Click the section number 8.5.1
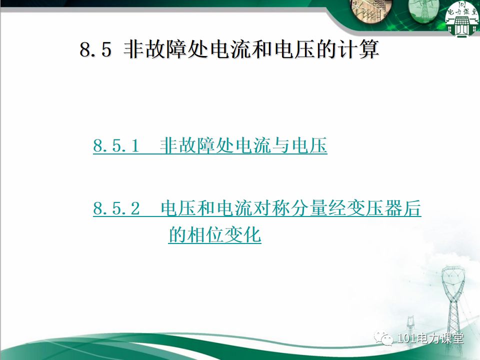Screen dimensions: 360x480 pos(115,146)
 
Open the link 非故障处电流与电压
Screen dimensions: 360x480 pos(243,146)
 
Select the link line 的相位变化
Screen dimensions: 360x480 pos(214,234)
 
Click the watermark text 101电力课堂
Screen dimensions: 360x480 pos(430,338)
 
